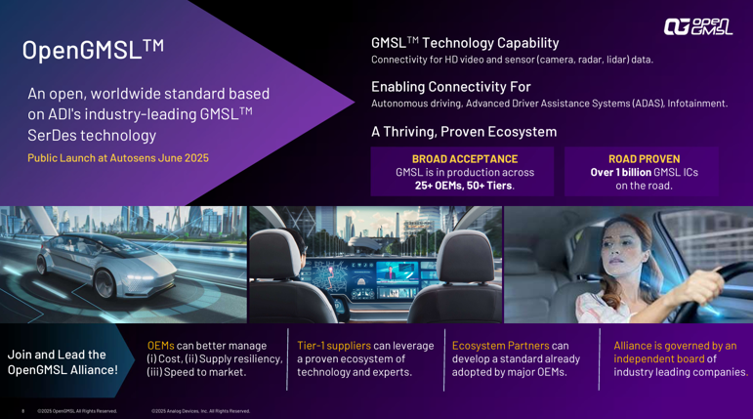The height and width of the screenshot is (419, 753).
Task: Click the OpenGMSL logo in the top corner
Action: [698, 27]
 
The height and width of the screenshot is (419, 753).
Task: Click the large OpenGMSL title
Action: [93, 50]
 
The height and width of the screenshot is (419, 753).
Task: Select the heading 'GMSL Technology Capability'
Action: [465, 43]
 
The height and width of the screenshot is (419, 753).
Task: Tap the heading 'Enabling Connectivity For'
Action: [451, 87]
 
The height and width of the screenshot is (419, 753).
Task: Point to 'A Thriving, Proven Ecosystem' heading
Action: [464, 132]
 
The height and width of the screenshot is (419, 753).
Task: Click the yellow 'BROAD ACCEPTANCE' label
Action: [465, 159]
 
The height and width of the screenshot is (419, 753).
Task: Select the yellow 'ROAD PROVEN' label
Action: [644, 159]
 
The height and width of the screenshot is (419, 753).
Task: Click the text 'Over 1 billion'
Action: [621, 172]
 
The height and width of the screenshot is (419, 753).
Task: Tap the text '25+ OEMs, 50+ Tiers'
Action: [463, 186]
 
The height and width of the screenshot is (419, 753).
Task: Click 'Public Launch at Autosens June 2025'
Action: [118, 158]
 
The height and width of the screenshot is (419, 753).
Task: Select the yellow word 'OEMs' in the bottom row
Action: [160, 346]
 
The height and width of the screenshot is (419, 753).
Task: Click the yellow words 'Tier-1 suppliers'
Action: [334, 346]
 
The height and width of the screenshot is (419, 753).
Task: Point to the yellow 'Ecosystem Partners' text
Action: [500, 346]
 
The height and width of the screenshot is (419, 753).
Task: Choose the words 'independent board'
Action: [659, 359]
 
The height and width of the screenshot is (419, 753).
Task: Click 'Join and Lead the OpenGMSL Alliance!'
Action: [63, 362]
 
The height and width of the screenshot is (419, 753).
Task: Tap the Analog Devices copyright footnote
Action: [201, 411]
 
